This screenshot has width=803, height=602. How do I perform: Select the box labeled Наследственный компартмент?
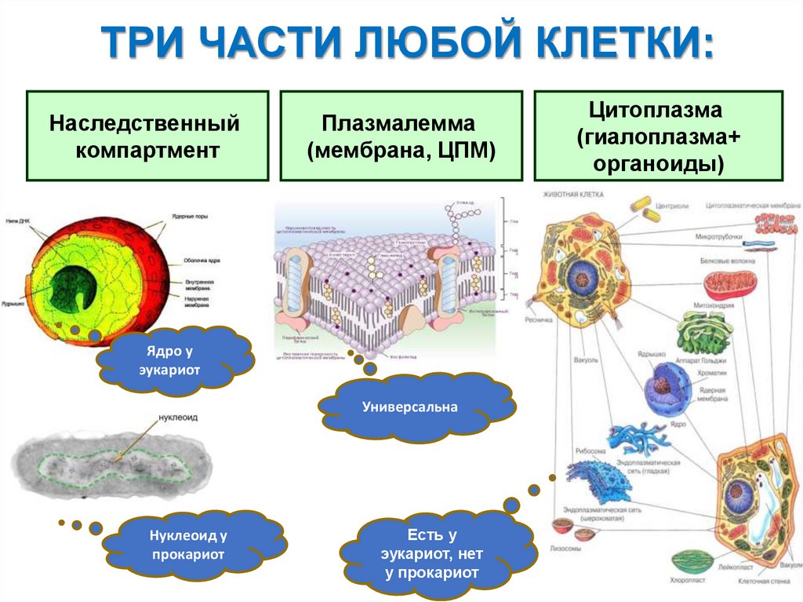click(147, 136)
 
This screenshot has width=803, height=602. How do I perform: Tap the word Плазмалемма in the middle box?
click(401, 123)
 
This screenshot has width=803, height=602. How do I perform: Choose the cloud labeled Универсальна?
click(416, 407)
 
